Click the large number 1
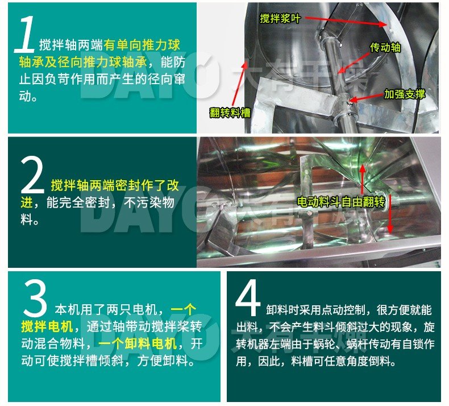point(26,34)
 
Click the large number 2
point(32,175)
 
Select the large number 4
point(248,297)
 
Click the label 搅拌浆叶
point(280,19)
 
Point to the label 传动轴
point(385,48)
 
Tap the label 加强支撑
point(404,94)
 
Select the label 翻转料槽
point(230,113)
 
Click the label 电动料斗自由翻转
point(341,202)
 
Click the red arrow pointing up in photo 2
point(362,180)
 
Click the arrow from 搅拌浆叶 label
point(346,22)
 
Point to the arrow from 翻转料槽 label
point(239,84)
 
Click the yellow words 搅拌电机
point(47,326)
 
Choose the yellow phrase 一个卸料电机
point(138,343)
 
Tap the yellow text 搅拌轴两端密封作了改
point(115,185)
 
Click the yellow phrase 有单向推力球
point(142,45)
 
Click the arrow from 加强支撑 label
point(366,98)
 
